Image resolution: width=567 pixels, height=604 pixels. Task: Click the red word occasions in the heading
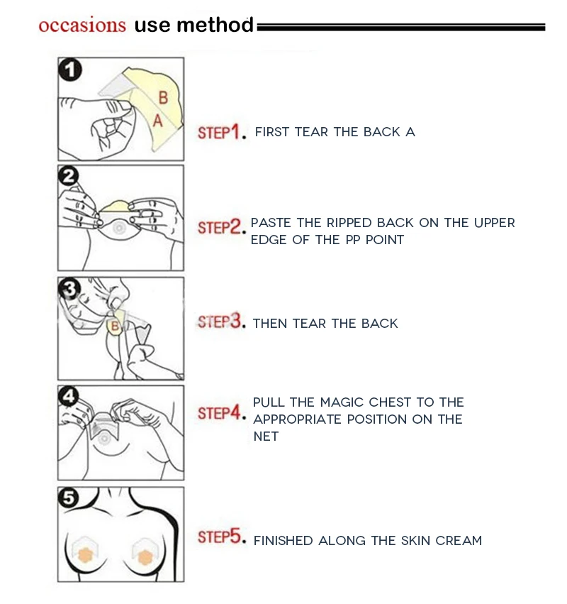[x=82, y=25]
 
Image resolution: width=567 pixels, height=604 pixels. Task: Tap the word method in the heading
[x=215, y=25]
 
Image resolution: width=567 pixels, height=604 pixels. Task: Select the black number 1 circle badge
[x=70, y=70]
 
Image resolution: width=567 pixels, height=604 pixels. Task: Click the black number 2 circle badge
[x=69, y=177]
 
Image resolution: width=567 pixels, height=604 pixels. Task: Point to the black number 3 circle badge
[x=69, y=289]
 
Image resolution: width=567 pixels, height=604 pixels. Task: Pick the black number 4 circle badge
[x=69, y=396]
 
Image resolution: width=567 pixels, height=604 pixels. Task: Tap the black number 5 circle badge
[x=69, y=498]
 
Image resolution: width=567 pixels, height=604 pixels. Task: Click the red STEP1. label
[x=222, y=132]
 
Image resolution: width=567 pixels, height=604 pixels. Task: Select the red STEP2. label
[x=222, y=227]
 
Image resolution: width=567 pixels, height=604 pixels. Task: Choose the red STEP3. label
[x=222, y=322]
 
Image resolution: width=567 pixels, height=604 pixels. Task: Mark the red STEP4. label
[x=222, y=412]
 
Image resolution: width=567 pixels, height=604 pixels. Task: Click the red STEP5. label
[x=222, y=537]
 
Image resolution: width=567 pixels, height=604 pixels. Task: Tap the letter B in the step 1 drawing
[x=163, y=97]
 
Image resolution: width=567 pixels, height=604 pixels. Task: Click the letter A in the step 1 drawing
[x=158, y=121]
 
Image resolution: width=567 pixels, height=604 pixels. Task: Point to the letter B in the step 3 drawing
[x=115, y=326]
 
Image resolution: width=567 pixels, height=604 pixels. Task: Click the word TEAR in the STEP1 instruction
[x=312, y=132]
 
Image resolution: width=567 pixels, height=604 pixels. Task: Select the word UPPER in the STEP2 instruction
[x=495, y=223]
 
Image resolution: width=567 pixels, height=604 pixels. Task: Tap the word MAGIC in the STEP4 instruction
[x=342, y=402]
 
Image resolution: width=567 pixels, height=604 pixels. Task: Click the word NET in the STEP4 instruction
[x=266, y=436]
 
